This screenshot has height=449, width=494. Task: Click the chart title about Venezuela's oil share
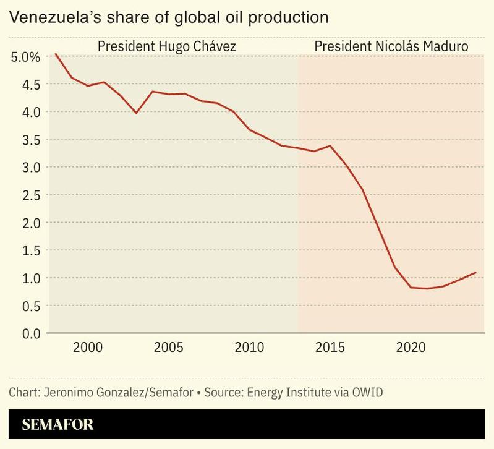[168, 17]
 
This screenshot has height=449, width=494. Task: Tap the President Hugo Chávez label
[167, 47]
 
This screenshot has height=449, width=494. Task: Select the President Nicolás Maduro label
[391, 47]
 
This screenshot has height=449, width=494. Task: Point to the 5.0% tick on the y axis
[26, 57]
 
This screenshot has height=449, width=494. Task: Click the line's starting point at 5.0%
[56, 54]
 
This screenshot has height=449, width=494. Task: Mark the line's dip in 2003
[136, 113]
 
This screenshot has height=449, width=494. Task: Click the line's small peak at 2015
[330, 146]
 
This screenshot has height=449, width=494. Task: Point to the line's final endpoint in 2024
[475, 272]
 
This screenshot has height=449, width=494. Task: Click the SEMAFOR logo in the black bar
[57, 425]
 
